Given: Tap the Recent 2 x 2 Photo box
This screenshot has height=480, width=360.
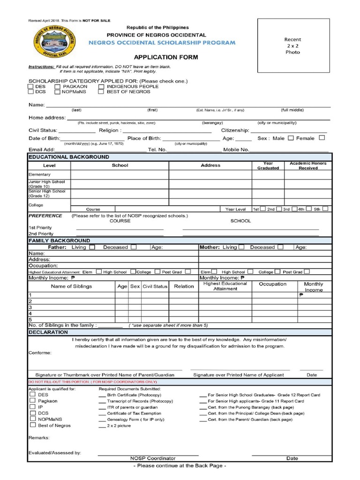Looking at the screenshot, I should (292, 46).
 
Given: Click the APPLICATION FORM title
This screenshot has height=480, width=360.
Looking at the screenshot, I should (160, 57).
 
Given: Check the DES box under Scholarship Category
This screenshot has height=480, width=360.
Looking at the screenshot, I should (30, 87).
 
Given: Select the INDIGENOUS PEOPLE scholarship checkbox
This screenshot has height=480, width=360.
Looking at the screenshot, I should (101, 87).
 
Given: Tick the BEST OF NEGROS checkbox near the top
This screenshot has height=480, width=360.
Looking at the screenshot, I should (101, 92).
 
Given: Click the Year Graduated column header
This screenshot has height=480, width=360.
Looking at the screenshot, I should (268, 165).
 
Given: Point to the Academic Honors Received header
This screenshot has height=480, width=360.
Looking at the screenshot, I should (308, 165).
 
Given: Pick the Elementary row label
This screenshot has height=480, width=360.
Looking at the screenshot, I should (40, 174).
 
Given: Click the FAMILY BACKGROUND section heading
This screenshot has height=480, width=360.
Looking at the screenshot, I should (52, 240).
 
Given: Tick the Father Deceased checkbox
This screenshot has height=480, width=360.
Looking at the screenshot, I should (134, 247).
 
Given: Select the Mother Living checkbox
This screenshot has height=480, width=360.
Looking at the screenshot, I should (241, 247).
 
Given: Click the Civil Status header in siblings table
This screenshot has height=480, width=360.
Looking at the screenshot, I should (155, 286).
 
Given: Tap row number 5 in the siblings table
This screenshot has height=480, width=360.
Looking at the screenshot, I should (30, 319).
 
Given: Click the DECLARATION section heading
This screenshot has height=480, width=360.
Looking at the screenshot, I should (48, 332).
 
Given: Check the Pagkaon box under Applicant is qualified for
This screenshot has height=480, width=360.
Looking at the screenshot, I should (33, 401).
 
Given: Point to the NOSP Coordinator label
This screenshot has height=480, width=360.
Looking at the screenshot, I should (153, 458).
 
